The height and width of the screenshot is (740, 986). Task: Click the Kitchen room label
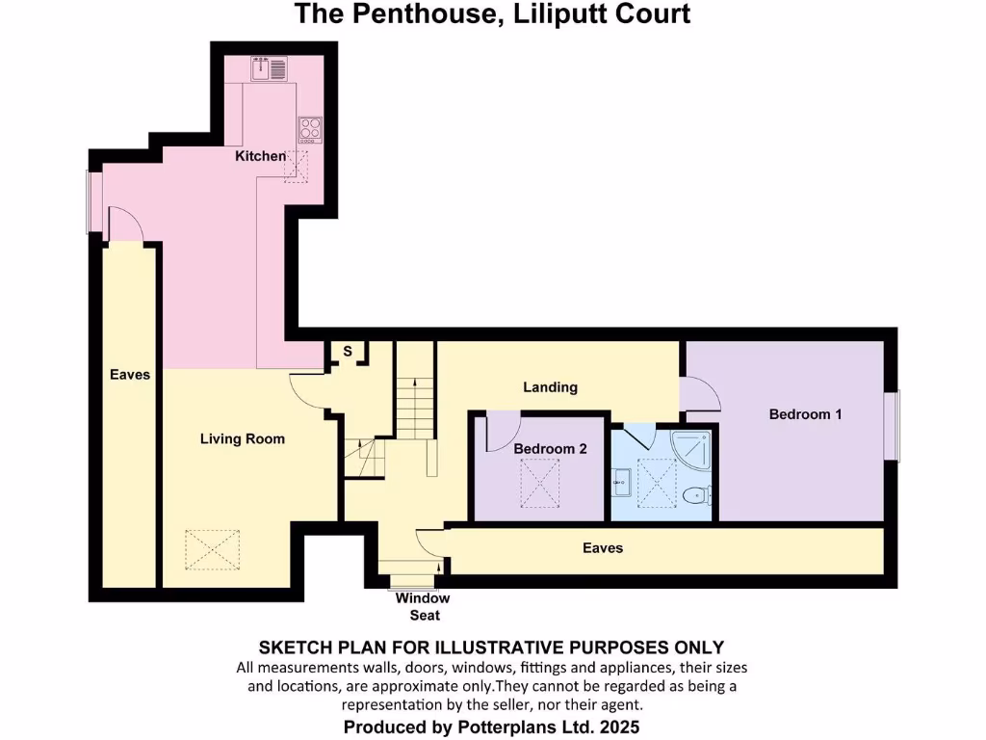(260, 156)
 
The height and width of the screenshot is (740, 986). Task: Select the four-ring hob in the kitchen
(310, 129)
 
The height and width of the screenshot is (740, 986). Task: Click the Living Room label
(243, 439)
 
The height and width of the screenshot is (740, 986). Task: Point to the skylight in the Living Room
(214, 550)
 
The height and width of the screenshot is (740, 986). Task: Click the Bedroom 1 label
(806, 414)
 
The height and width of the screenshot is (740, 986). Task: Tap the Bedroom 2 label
(550, 449)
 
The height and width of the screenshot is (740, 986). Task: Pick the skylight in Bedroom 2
(541, 482)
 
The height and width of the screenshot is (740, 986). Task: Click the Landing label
(551, 387)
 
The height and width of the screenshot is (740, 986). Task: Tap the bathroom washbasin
(621, 478)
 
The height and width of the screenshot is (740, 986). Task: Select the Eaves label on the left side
(130, 374)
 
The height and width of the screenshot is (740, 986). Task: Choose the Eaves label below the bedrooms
(603, 548)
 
